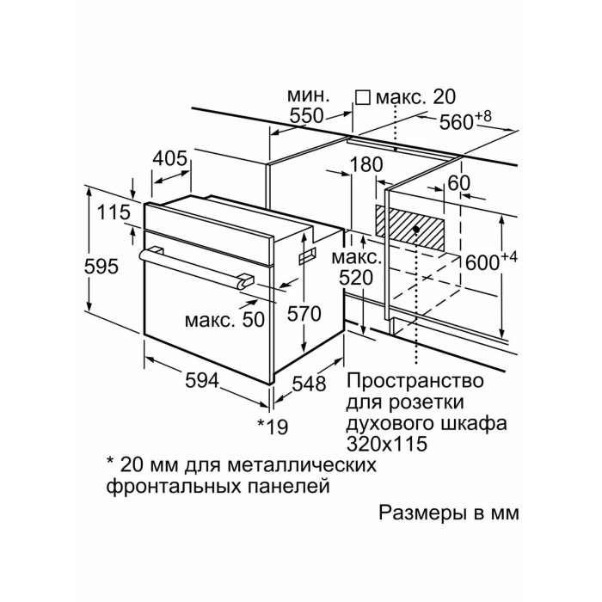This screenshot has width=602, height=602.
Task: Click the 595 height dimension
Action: pyautogui.click(x=102, y=267)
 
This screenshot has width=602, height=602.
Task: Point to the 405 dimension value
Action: pyautogui.click(x=170, y=158)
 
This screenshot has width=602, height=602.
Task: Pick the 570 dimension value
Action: pyautogui.click(x=304, y=314)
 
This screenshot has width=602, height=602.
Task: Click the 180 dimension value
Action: pyautogui.click(x=367, y=164)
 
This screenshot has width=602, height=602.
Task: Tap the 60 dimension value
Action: pyautogui.click(x=460, y=183)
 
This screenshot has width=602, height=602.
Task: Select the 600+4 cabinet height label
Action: pyautogui.click(x=491, y=261)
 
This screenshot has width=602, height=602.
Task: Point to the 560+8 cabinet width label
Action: pyautogui.click(x=465, y=121)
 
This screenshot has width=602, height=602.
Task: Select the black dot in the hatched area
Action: pyautogui.click(x=417, y=230)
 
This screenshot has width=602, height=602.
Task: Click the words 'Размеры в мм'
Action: pyautogui.click(x=450, y=513)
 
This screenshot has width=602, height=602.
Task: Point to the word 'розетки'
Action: pyautogui.click(x=433, y=402)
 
